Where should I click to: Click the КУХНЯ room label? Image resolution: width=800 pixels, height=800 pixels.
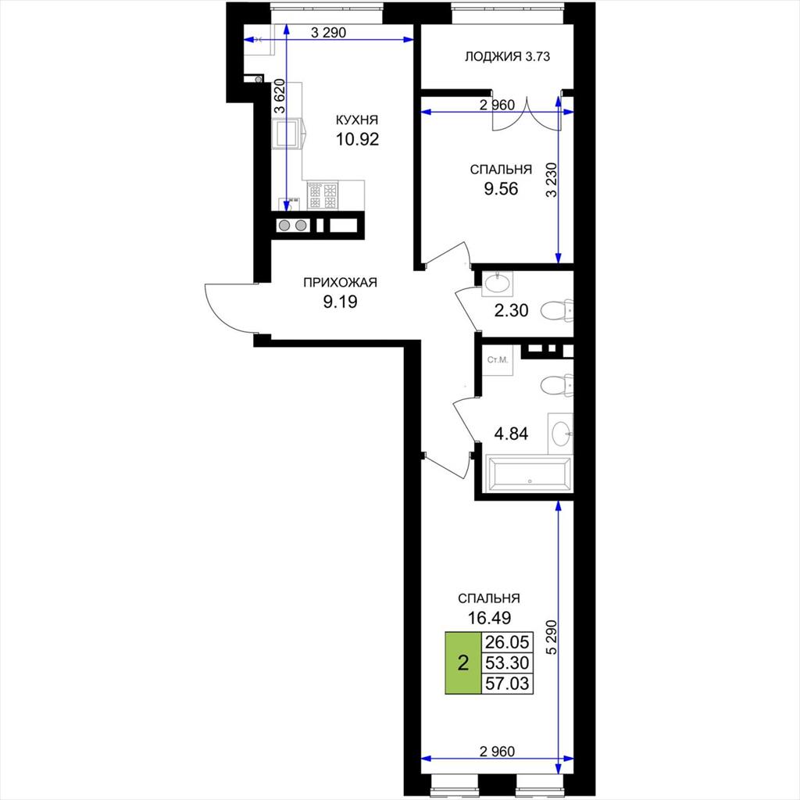click(356, 120)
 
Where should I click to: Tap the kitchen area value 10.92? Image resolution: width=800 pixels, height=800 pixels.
click(357, 139)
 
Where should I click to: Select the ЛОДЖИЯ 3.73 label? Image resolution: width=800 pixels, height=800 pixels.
click(507, 56)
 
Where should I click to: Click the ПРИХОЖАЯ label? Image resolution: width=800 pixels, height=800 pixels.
click(340, 283)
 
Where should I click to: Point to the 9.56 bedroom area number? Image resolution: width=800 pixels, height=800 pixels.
click(501, 189)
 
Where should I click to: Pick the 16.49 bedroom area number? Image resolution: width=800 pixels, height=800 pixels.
click(489, 618)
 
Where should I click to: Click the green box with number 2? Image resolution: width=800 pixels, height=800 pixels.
click(463, 663)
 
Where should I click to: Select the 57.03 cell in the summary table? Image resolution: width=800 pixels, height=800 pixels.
click(507, 684)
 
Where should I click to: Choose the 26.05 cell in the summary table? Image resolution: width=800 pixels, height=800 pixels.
click(507, 642)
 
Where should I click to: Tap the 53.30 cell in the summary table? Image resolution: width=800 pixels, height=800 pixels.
click(507, 663)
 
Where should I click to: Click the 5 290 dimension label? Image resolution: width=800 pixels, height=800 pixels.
click(551, 637)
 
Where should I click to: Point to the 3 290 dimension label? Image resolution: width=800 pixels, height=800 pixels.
click(329, 33)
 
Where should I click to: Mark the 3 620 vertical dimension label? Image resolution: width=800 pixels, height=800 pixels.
click(279, 96)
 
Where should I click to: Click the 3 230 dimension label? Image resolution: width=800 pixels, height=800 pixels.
click(551, 180)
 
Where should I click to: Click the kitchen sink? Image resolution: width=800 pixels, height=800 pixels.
click(284, 134)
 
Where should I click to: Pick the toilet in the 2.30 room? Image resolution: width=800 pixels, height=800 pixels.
click(557, 309)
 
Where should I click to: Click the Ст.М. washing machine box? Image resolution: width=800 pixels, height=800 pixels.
click(498, 360)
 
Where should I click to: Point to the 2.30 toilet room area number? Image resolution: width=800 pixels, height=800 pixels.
click(511, 310)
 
